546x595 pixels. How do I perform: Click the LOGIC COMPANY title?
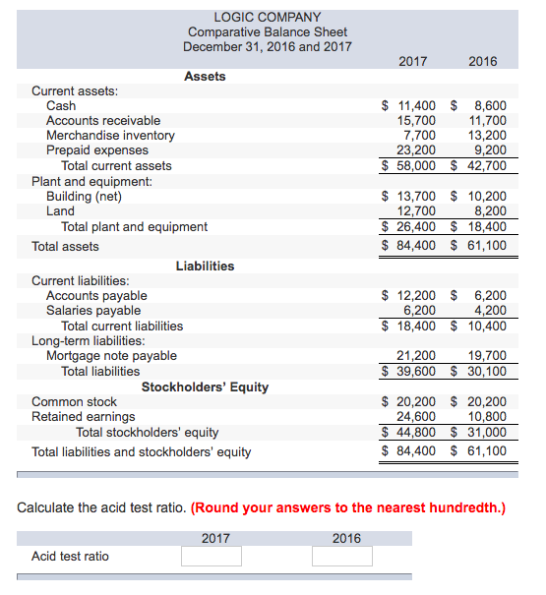(267, 17)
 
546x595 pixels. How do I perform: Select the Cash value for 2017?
(414, 105)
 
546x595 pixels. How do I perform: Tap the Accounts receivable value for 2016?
(489, 121)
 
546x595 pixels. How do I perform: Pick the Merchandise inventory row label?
(110, 136)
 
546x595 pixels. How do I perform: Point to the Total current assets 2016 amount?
(484, 166)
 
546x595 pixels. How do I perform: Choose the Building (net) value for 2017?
(414, 196)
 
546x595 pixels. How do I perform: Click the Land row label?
(60, 210)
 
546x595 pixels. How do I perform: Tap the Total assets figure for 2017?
(414, 246)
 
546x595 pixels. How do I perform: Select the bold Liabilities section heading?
(205, 266)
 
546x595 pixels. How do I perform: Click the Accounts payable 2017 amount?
(414, 295)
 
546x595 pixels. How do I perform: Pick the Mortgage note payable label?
(111, 356)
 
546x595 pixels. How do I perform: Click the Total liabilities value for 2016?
(484, 371)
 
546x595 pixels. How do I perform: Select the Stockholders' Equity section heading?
(205, 387)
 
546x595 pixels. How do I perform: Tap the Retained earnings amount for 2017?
(414, 417)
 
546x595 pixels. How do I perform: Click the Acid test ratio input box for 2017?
(211, 557)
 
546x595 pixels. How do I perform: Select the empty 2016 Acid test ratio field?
(342, 557)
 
